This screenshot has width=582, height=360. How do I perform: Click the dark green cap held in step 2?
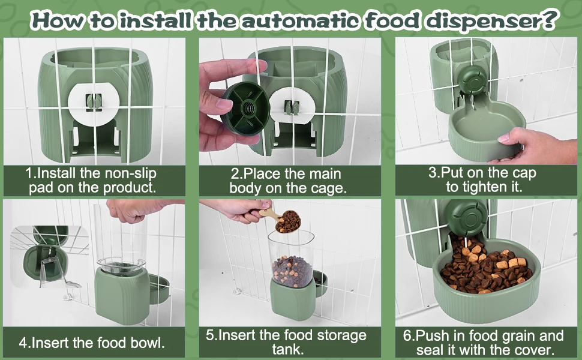coord(245,109)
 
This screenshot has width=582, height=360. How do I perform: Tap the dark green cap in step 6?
coord(467,217)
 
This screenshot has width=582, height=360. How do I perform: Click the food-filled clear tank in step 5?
coord(291,259)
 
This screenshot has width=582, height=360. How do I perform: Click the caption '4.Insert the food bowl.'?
coord(92,343)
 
